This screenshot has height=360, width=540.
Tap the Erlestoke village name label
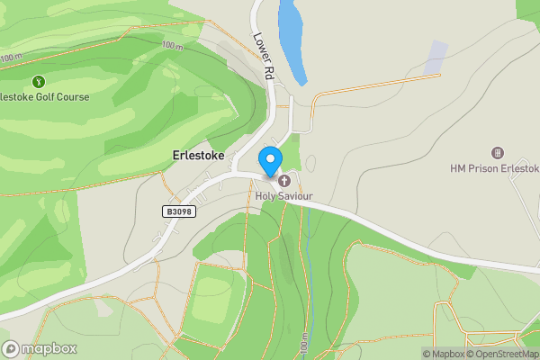[198, 156]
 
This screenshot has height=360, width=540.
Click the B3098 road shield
[180, 211]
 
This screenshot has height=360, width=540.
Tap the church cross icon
[284, 181]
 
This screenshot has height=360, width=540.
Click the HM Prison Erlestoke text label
[494, 168]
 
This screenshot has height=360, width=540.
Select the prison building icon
[498, 153]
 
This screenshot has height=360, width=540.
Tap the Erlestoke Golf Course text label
[45, 96]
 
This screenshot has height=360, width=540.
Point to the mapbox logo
[40, 349]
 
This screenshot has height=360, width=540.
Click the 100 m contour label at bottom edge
[306, 344]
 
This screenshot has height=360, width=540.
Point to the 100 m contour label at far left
[11, 58]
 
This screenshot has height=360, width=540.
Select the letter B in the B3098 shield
[169, 211]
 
